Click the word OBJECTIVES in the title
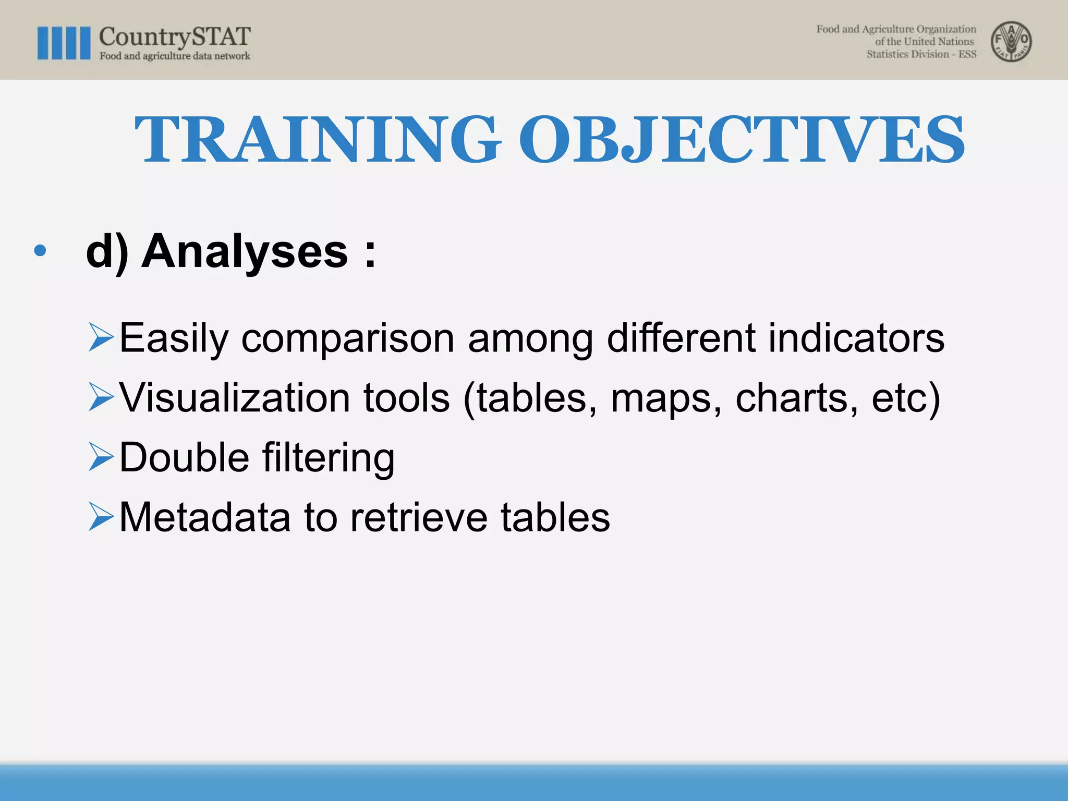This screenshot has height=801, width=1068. coord(741,140)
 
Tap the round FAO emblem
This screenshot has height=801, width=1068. coord(1011,42)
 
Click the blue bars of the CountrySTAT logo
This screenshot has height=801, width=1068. coord(64,43)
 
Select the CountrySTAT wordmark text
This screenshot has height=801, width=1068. coord(175,37)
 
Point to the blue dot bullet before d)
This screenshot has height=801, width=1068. coord(40,251)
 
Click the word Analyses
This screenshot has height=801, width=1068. coord(245,251)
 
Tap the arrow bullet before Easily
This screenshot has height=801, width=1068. coord(101,337)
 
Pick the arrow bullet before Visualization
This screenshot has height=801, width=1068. coord(101,397)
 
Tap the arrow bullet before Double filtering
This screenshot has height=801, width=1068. coord(101,457)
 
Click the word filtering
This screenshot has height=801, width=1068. coord(328,458)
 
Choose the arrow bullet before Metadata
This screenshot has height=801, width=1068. coord(101,517)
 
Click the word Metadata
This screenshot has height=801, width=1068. coord(204,517)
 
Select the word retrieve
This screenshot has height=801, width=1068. coord(419,517)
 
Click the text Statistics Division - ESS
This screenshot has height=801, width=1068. coord(921,54)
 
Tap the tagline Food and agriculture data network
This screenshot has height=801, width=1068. coord(175,56)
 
